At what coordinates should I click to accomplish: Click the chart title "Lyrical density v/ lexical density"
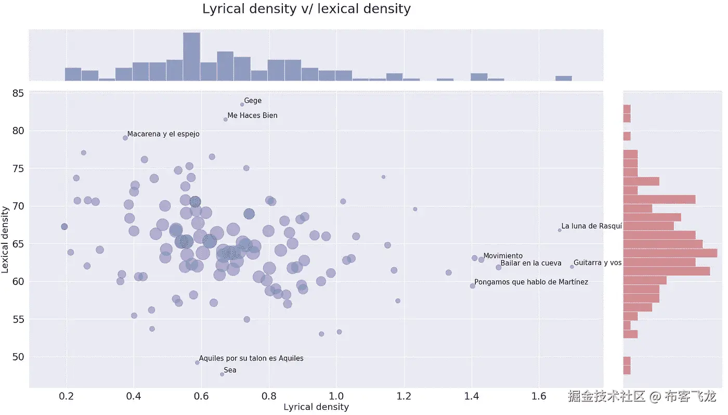click(306, 9)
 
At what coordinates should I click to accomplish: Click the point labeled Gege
click(242, 105)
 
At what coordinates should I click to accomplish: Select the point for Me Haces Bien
click(225, 120)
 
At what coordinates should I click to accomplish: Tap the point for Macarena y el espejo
click(125, 138)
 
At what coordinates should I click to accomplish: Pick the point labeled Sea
click(222, 374)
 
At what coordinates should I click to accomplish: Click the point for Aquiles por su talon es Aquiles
click(197, 362)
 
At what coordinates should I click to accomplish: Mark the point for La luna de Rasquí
click(560, 230)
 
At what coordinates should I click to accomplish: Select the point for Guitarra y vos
click(572, 267)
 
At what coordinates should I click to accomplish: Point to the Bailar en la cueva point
click(498, 267)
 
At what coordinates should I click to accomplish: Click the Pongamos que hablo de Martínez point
click(472, 286)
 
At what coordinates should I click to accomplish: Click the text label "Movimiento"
click(503, 256)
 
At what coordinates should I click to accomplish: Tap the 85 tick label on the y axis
click(18, 94)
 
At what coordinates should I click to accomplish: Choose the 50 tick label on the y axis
click(18, 357)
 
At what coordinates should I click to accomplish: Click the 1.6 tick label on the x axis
click(539, 396)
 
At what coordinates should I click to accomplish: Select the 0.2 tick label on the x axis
click(66, 396)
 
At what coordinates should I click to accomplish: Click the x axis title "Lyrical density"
click(316, 407)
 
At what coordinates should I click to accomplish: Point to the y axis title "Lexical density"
click(6, 239)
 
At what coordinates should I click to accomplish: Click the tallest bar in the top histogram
click(191, 57)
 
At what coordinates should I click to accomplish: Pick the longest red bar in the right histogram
click(670, 253)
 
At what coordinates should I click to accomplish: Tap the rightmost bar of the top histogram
click(563, 79)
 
